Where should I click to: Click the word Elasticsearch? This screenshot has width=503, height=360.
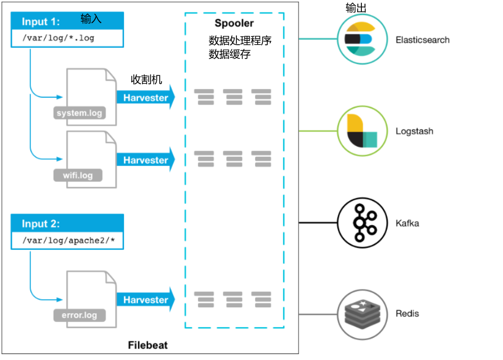[x=422, y=40]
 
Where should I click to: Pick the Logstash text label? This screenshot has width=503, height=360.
[x=414, y=132]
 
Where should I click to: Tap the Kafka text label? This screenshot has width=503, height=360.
[x=407, y=224]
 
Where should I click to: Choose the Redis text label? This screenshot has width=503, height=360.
[x=407, y=314]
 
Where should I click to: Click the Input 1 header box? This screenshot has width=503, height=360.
[x=67, y=21]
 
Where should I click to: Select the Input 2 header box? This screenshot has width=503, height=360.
[x=67, y=224]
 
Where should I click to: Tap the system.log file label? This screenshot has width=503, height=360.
[x=79, y=113]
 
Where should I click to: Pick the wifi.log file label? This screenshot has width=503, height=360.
[x=78, y=175]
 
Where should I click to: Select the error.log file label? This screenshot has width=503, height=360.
[x=79, y=315]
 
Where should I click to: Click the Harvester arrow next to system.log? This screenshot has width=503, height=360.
[x=145, y=98]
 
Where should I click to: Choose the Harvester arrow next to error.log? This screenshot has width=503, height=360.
[x=145, y=300]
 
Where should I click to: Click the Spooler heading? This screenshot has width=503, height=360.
[x=234, y=23]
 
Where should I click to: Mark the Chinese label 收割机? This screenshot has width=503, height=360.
[x=146, y=79]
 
